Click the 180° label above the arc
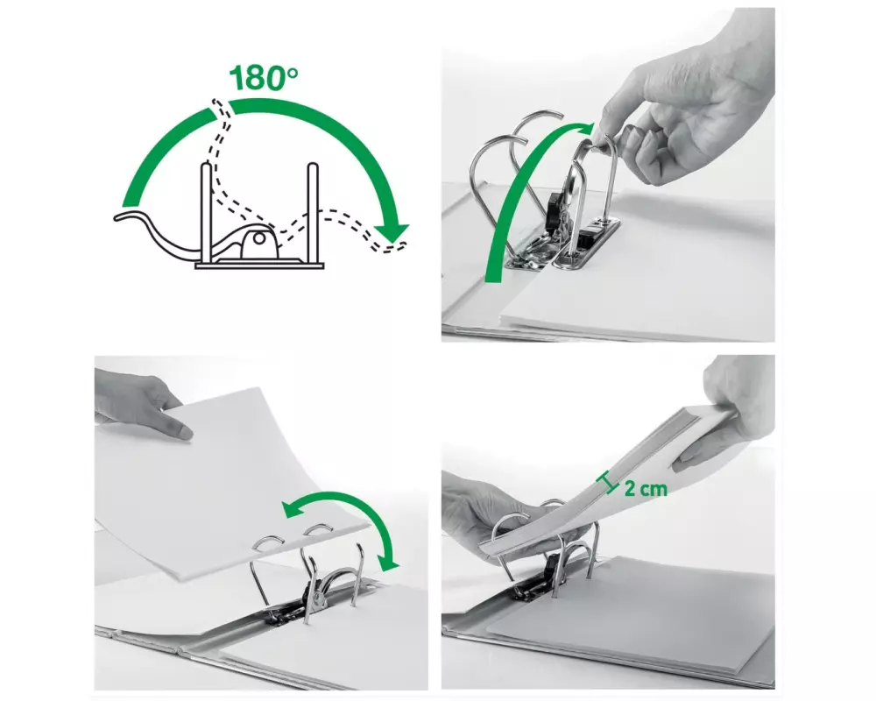(x=263, y=77)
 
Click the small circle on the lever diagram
(x=259, y=238)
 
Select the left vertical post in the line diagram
(x=206, y=213)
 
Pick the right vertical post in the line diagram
(x=313, y=213)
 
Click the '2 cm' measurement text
(x=646, y=489)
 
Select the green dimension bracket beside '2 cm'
(x=608, y=483)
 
